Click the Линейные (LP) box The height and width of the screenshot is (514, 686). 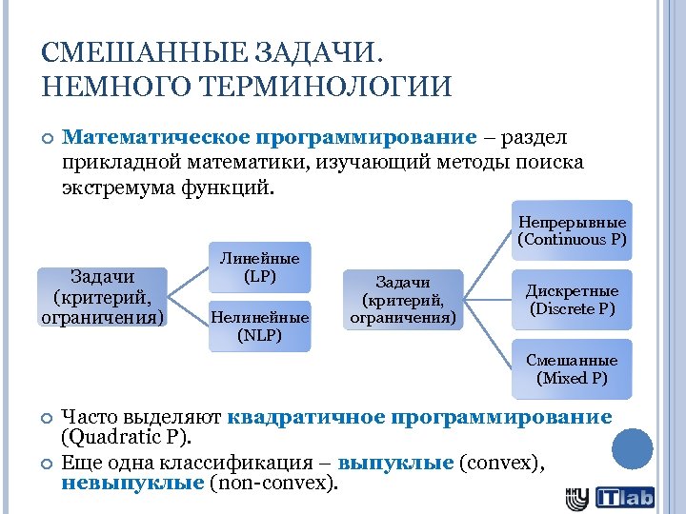click(259, 267)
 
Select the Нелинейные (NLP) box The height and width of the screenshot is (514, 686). click(259, 326)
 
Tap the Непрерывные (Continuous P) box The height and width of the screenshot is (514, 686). click(572, 230)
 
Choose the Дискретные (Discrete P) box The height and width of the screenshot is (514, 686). click(572, 300)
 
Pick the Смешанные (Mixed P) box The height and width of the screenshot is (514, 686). click(572, 369)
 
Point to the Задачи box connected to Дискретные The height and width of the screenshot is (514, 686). click(403, 299)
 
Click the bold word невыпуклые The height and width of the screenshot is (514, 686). click(132, 484)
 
